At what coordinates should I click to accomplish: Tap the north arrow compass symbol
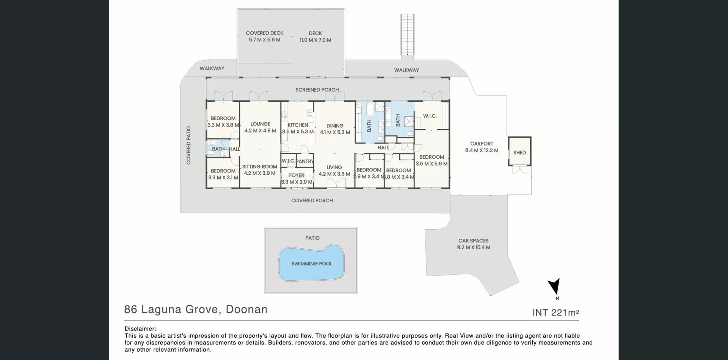[x=554, y=286]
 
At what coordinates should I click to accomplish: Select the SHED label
[x=519, y=153]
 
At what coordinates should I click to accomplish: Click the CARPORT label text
[x=482, y=144]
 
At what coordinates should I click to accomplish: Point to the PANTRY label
[x=305, y=161]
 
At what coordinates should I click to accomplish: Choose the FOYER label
[x=297, y=175]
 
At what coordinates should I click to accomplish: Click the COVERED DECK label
[x=265, y=33]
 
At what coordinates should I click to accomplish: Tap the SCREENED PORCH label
[x=317, y=90]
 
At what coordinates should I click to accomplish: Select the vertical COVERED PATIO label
[x=188, y=146]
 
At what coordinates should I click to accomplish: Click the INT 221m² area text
[x=555, y=312]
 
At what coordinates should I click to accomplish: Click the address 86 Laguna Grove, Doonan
[x=196, y=309]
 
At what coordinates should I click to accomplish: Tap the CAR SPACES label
[x=474, y=241]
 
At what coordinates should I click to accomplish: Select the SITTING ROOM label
[x=260, y=167]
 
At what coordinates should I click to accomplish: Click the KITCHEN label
[x=298, y=125]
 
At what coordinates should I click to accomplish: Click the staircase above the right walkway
[x=408, y=34]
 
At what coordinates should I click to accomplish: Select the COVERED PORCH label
[x=312, y=200]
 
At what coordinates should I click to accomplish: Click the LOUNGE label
[x=260, y=124]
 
